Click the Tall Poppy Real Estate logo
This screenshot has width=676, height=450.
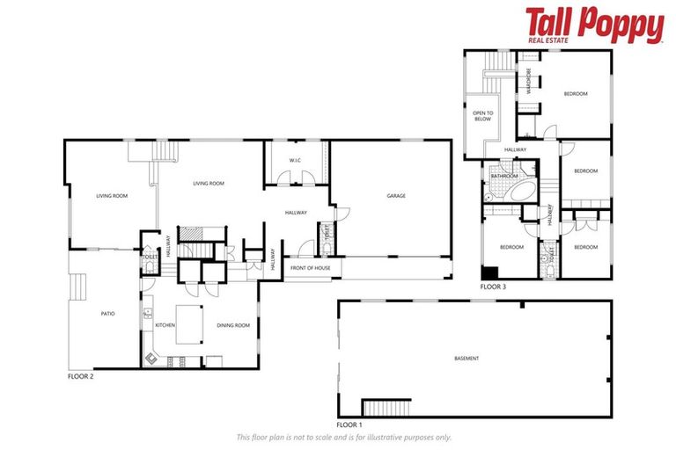(594, 25)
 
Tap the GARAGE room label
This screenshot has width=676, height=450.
(396, 195)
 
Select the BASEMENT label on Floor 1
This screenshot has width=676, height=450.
(467, 359)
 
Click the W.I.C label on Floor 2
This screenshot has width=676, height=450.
(297, 159)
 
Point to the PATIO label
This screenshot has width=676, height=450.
(108, 314)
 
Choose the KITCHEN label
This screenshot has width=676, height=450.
(165, 325)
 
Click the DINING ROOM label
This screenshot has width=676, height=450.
(234, 325)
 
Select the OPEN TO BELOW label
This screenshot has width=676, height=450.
(482, 115)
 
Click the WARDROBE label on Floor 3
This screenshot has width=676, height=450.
(529, 81)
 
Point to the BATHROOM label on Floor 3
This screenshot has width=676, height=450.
(504, 176)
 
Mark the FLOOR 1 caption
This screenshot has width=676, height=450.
(349, 424)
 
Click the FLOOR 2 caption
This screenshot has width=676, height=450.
(80, 376)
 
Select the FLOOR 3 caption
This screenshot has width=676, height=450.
(493, 287)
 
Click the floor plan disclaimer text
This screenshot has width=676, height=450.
(343, 437)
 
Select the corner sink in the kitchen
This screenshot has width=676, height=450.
(151, 358)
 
